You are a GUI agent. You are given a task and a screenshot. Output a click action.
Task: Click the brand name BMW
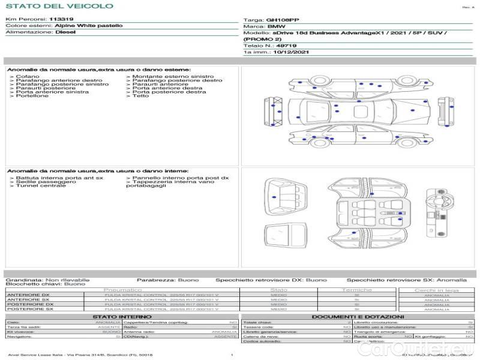(x=277, y=27)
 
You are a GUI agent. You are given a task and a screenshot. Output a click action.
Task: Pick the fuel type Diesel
(x=65, y=32)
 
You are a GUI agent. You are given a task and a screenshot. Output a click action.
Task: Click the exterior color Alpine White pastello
(x=89, y=26)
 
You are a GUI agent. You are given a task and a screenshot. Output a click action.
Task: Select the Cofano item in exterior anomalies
(x=28, y=77)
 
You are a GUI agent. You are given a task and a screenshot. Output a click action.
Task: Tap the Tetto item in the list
(x=140, y=96)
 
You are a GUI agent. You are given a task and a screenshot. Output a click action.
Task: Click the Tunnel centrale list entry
(x=40, y=186)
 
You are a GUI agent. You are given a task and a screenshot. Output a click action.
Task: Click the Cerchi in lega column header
(x=436, y=290)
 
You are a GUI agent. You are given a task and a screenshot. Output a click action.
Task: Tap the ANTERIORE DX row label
(x=28, y=295)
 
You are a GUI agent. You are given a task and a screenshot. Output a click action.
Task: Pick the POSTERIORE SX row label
(x=30, y=309)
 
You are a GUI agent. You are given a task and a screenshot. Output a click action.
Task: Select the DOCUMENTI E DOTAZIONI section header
(x=358, y=316)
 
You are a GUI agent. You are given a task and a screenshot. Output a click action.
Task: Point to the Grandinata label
(x=23, y=280)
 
